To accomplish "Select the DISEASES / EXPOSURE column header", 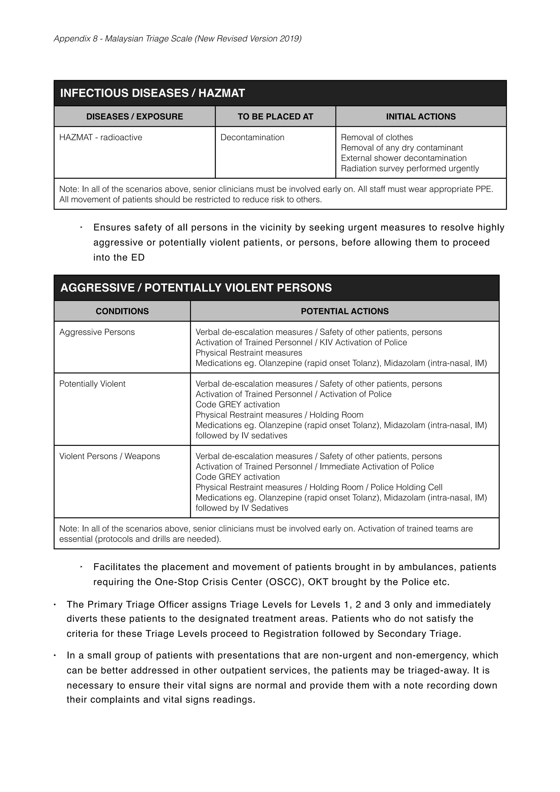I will pos(135,117).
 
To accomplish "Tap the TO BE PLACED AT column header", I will pos(275,117).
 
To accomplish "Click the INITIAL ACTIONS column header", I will pos(421,117).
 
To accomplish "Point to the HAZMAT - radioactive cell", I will pos(101,137).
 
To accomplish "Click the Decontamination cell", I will pos(252,137).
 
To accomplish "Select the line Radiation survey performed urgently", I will pos(410,168).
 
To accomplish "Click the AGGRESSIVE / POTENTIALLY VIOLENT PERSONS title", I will pos(196,288).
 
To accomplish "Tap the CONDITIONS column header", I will pos(122,311).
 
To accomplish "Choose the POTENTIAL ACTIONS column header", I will pos(344,311).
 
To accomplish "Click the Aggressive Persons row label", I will pos(97,332).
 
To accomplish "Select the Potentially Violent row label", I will pos(92,384).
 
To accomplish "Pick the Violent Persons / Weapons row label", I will pos(109,456).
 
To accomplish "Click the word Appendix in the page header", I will pos(71,39).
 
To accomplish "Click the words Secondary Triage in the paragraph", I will pos(419,634).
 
